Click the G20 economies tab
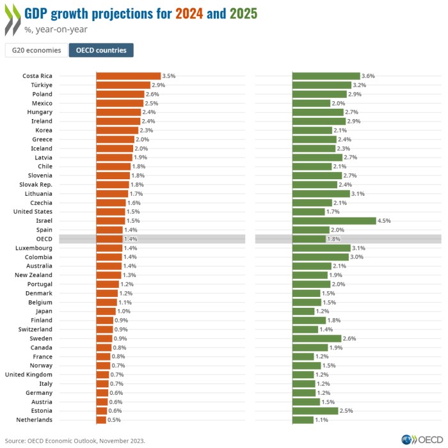pyautogui.click(x=36, y=51)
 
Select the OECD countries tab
pyautogui.click(x=101, y=51)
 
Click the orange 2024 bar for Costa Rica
pyautogui.click(x=128, y=76)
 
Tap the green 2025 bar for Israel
pyautogui.click(x=334, y=221)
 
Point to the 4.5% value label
pyautogui.click(x=384, y=221)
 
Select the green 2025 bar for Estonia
pyautogui.click(x=315, y=411)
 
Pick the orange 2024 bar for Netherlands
pyautogui.click(x=101, y=420)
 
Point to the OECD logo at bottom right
pyautogui.click(x=422, y=440)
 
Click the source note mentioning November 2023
pyautogui.click(x=75, y=440)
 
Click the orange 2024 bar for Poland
pyautogui.click(x=120, y=94)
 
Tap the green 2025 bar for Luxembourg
pyautogui.click(x=321, y=248)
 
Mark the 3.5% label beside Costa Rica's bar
pyautogui.click(x=169, y=76)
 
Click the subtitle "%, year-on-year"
pyautogui.click(x=56, y=29)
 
